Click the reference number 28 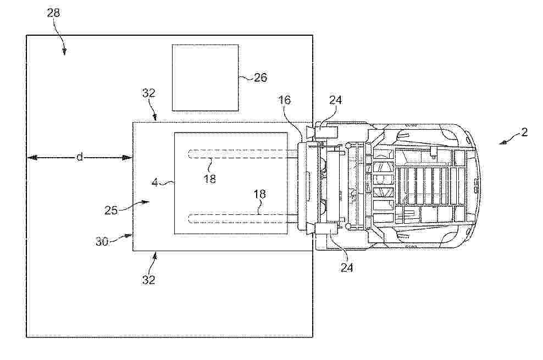click(x=54, y=13)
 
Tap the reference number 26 click(x=261, y=77)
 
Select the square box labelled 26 click(x=206, y=77)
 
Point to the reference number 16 click(x=285, y=100)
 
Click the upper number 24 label click(x=336, y=100)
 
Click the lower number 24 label click(x=347, y=267)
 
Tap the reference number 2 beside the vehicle click(x=525, y=132)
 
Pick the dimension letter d click(x=80, y=158)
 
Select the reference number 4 click(x=155, y=182)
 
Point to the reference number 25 click(x=111, y=210)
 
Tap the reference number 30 click(x=102, y=241)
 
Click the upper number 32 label click(x=148, y=93)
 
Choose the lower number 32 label click(x=148, y=279)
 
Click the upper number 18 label click(x=209, y=179)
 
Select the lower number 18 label click(x=260, y=194)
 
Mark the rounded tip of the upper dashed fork click(x=189, y=154)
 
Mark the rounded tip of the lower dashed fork click(x=189, y=219)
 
